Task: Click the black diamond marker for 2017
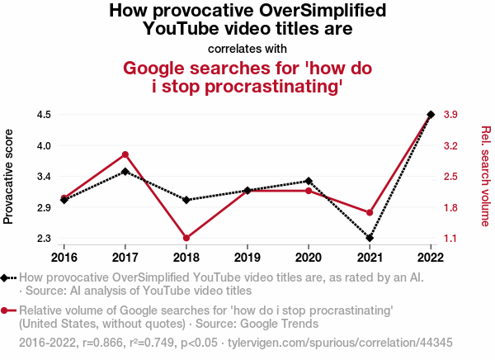pos(125,172)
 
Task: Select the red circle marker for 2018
pos(186,239)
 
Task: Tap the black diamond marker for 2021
pos(370,239)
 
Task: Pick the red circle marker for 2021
pos(370,213)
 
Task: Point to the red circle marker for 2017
pos(125,154)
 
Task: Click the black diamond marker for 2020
pos(309,181)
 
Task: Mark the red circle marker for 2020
pos(309,191)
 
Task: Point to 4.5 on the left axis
pos(44,114)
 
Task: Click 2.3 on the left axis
pos(44,239)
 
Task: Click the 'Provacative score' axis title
pos(9,176)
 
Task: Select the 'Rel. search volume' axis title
pos(485,176)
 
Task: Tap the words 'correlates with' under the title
pos(247,48)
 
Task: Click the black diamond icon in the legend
pos(6,278)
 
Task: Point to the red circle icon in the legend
pos(6,310)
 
